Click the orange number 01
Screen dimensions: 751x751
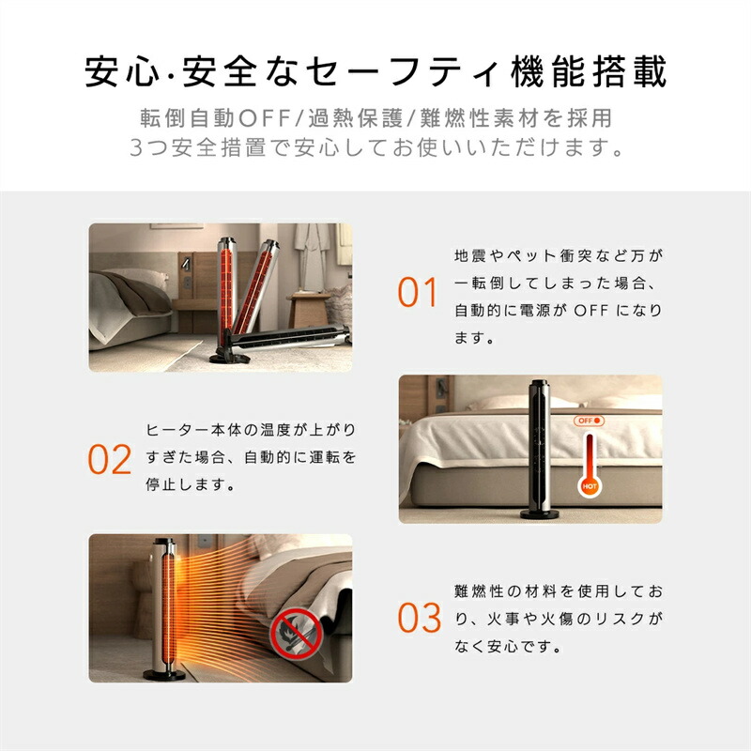point(417,292)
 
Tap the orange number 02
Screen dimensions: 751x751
point(109,459)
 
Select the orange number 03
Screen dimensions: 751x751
point(419,618)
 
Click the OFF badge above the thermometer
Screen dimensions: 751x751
point(589,421)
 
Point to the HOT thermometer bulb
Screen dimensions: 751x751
point(590,486)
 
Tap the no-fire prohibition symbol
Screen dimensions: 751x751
point(297,635)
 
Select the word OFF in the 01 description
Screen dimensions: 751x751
point(591,311)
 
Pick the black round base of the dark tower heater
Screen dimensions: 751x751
point(539,514)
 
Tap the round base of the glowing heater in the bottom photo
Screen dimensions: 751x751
point(163,675)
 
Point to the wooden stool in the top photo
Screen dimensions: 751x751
point(308,311)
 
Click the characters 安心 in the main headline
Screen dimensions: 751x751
point(122,72)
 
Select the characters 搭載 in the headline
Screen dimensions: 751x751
point(629,72)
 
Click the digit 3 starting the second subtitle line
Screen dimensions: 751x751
point(136,147)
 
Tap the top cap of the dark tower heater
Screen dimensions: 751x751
point(538,384)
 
